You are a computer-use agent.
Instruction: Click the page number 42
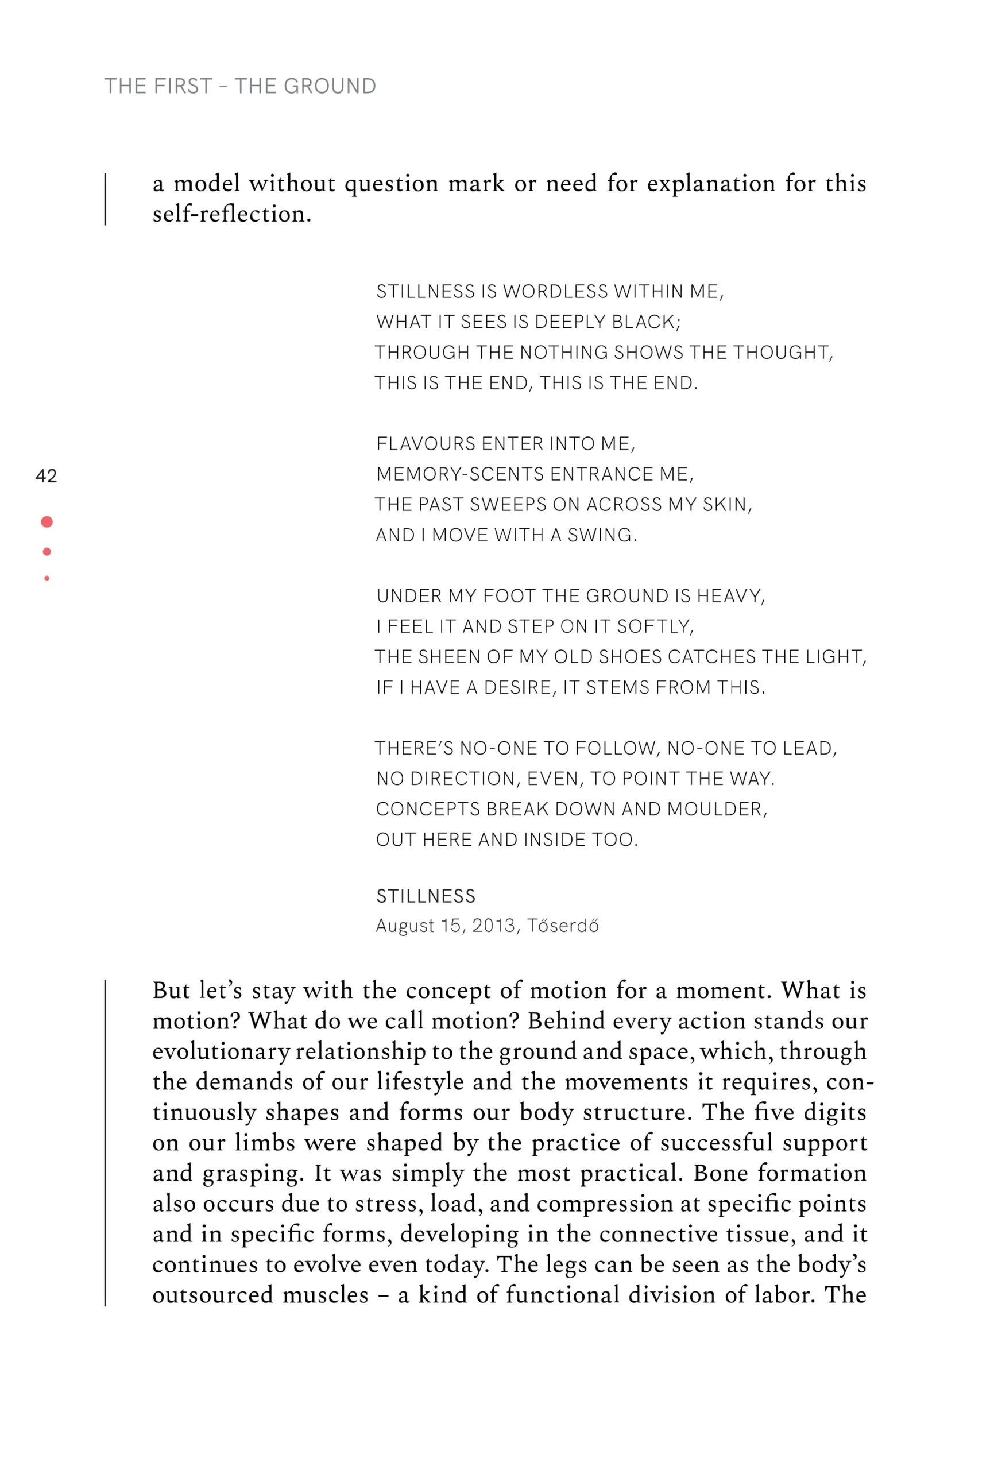[46, 475]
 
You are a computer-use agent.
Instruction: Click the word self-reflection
[231, 214]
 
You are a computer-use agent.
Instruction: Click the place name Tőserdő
[563, 926]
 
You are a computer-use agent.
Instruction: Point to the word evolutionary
[221, 1052]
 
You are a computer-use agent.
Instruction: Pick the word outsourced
[213, 1295]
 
